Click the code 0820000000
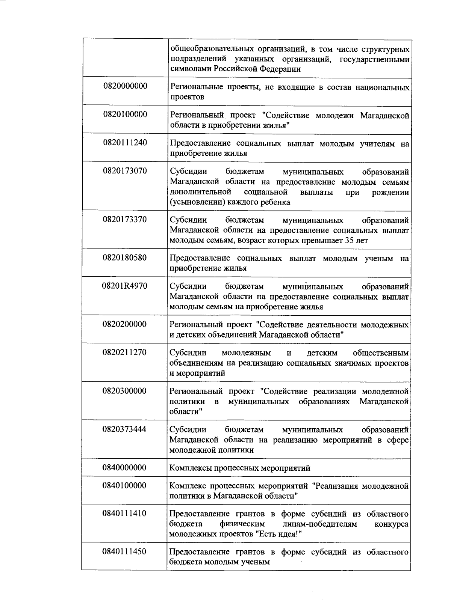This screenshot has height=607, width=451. point(125,86)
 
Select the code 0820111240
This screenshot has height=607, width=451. point(125,143)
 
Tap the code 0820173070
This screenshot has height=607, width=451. point(125,171)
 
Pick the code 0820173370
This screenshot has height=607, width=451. point(125,219)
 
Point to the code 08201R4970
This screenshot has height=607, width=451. point(125,286)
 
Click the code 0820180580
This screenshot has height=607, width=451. point(125,258)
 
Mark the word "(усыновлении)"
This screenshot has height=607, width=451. point(193,202)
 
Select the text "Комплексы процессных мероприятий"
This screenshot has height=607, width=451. point(240,468)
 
